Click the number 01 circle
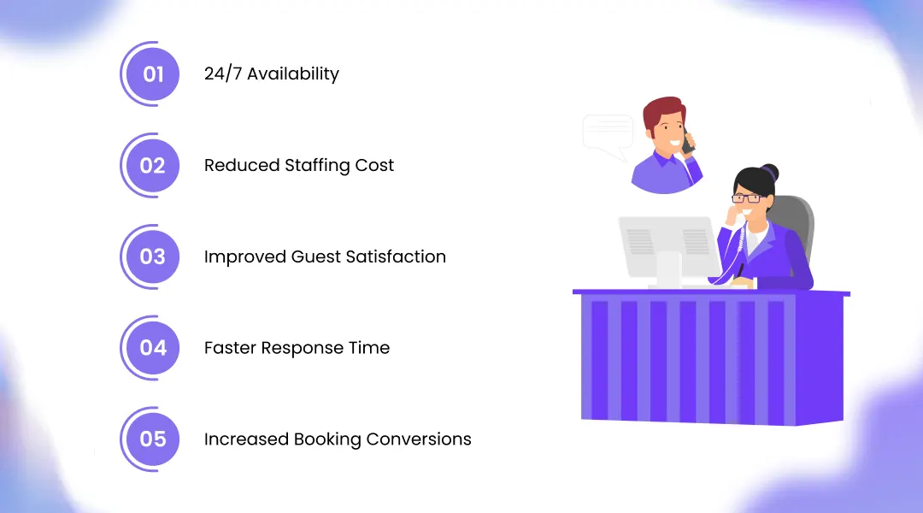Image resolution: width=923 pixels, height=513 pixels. [x=152, y=74]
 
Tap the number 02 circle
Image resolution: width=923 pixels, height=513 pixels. [x=152, y=165]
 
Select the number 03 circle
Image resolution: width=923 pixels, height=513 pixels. [x=152, y=256]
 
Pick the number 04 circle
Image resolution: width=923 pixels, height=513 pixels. [x=152, y=348]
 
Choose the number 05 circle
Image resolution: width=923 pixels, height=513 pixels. [x=152, y=439]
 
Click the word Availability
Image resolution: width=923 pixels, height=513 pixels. [x=293, y=74]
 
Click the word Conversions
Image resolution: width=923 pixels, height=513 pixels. [x=419, y=439]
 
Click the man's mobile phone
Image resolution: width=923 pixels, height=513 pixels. [x=687, y=139]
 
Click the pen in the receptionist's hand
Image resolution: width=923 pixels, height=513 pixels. [x=740, y=270]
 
